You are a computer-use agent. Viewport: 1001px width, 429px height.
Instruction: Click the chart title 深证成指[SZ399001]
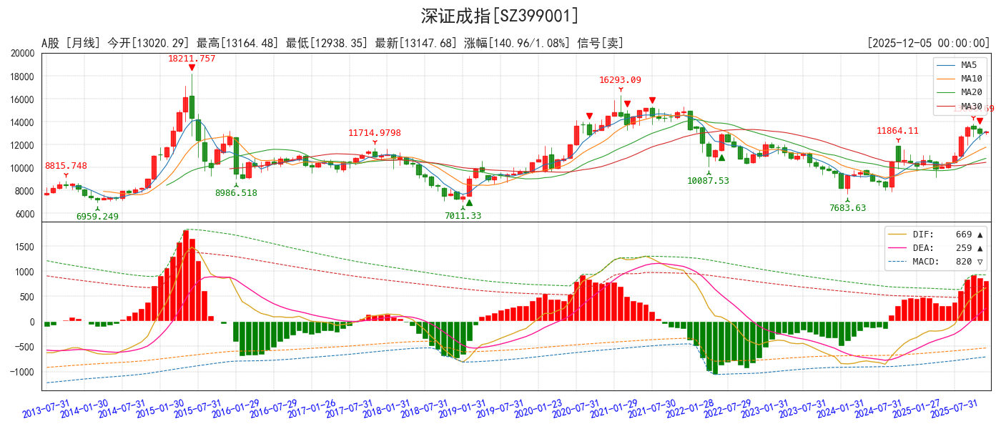pos(500,16)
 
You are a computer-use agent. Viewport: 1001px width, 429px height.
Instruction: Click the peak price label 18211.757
pos(192,59)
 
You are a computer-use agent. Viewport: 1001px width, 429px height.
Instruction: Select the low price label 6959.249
pos(97,217)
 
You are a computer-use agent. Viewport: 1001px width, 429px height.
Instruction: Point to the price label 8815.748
pos(66,166)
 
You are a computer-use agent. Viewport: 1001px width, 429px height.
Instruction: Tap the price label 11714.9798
pos(375,133)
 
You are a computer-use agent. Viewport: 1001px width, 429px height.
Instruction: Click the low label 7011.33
pos(463,216)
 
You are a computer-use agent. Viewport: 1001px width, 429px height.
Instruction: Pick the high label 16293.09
pos(620,80)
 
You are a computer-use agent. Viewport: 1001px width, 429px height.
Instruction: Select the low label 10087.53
pos(708,181)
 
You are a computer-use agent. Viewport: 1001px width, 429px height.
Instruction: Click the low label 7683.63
pos(847,208)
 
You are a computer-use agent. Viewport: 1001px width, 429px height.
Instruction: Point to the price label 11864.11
pos(897,131)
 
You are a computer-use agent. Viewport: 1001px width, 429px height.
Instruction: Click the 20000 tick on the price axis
pos(23,54)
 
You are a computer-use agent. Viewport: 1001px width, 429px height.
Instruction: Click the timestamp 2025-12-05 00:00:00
pos(927,44)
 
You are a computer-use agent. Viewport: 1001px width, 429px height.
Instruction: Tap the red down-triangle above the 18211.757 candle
pos(192,68)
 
